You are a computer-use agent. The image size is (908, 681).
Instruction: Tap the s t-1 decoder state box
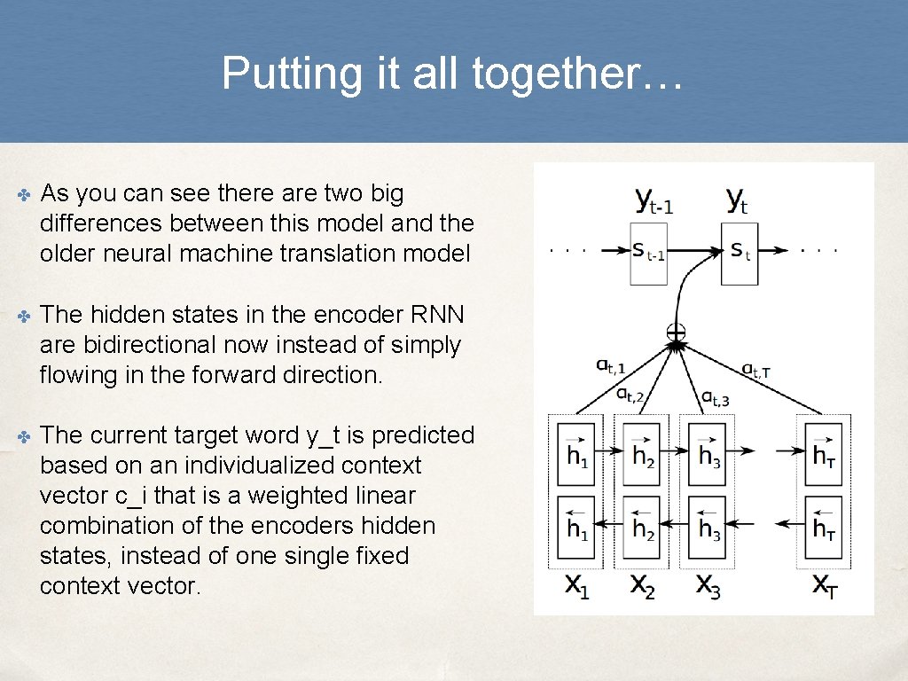648,253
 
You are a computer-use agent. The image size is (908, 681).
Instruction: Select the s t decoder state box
740,253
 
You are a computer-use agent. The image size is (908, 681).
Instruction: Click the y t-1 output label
654,200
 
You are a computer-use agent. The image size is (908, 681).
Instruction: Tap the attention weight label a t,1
610,364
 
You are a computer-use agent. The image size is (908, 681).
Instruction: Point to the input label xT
825,586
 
